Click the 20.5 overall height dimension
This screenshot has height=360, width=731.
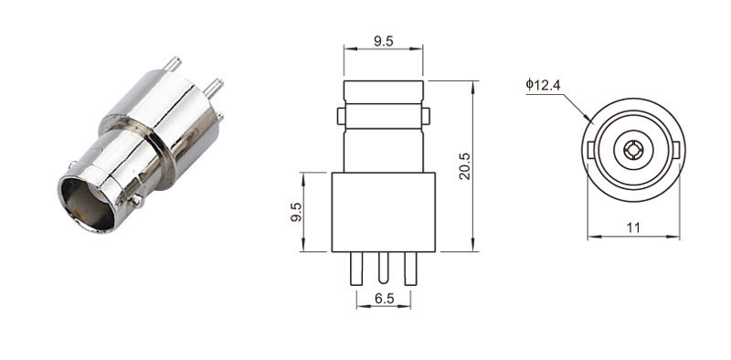pos(465,166)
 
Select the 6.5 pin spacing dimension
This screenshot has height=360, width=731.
pos(384,299)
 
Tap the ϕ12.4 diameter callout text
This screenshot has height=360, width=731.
pos(543,84)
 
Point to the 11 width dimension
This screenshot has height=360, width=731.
pos(633,228)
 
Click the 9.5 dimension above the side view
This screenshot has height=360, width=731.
pos(383,41)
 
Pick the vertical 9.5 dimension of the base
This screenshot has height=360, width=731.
pos(296,212)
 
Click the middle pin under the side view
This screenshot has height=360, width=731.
pos(383,268)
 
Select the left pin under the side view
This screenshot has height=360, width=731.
pos(356,269)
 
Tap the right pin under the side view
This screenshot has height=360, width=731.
pos(410,269)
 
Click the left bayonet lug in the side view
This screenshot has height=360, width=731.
pos(341,116)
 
